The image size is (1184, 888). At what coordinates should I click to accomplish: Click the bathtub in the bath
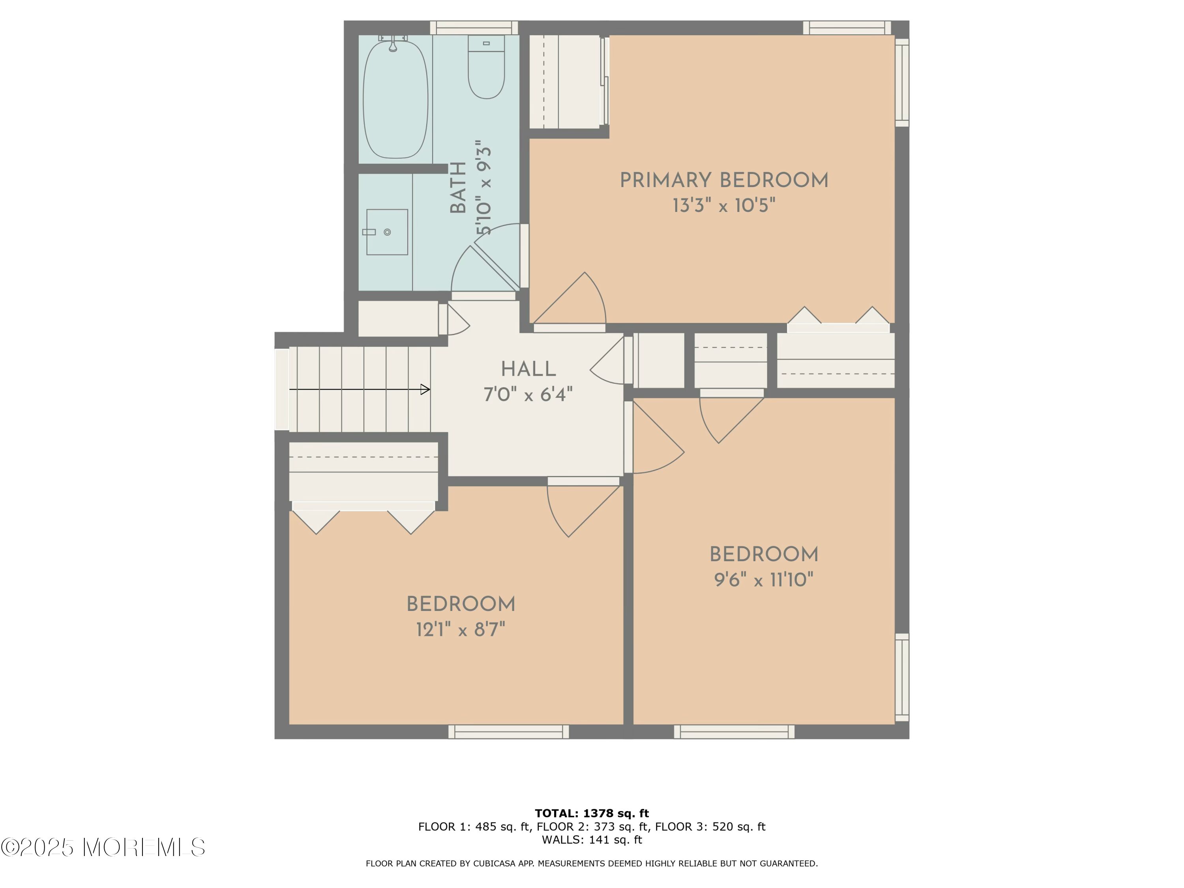click(x=395, y=99)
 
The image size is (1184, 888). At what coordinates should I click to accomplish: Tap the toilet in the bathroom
click(x=486, y=67)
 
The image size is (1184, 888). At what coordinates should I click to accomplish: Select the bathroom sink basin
click(x=387, y=232)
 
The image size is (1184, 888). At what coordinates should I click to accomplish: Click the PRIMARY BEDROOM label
click(x=724, y=180)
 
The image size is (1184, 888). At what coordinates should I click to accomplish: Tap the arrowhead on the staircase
click(x=425, y=389)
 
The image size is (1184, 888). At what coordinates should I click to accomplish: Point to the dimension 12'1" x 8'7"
click(x=461, y=629)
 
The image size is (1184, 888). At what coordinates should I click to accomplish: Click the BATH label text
click(x=458, y=188)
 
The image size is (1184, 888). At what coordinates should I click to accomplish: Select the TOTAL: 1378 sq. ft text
click(x=592, y=813)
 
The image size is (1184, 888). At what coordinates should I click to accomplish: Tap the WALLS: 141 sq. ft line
click(x=592, y=840)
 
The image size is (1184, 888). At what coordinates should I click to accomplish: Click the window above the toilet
click(x=474, y=28)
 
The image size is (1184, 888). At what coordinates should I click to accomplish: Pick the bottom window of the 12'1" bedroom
click(x=508, y=732)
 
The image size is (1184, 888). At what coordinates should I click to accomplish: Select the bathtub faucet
click(x=393, y=42)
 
